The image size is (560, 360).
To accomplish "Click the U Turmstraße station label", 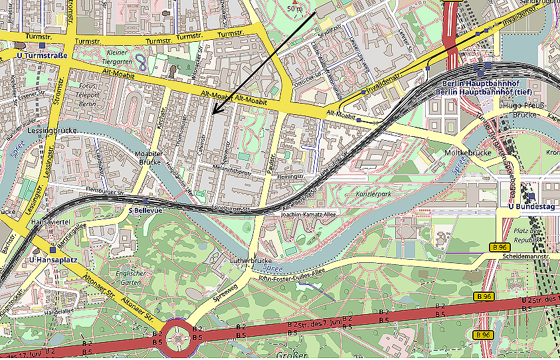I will (x=43, y=55).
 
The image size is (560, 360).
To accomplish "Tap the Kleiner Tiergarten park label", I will (x=117, y=58).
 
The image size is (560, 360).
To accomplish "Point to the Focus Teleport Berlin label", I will (x=88, y=95).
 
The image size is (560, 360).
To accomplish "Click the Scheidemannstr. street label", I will (x=525, y=256).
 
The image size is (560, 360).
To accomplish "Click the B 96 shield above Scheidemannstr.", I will (x=500, y=247).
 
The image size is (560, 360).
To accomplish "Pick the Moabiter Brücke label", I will (x=149, y=157).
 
